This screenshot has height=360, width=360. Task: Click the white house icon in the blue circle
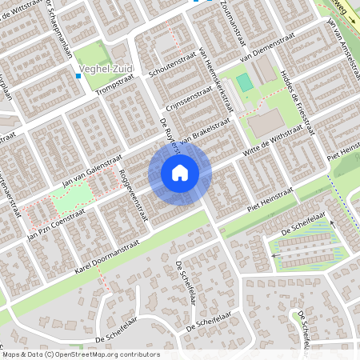point(180,173)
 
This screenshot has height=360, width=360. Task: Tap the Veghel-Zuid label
point(113,70)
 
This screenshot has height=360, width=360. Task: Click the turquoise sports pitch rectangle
point(245,82)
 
